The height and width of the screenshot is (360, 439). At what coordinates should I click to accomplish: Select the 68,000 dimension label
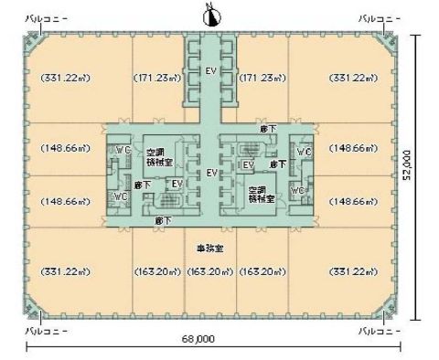pyautogui.click(x=198, y=338)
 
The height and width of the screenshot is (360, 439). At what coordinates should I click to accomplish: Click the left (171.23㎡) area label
pyautogui.click(x=160, y=79)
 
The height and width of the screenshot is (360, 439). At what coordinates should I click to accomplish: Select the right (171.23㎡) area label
pyautogui.click(x=262, y=79)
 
